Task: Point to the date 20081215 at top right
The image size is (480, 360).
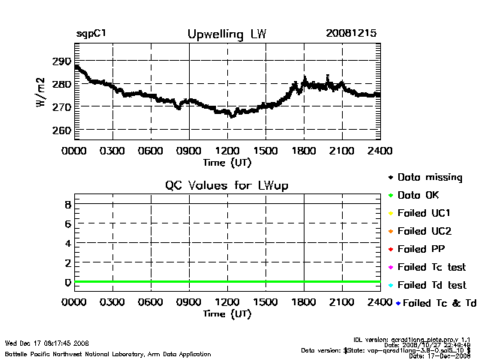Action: pos(351,34)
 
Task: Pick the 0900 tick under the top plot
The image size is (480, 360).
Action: pos(189,150)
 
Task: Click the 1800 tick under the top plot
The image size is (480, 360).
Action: pos(304,150)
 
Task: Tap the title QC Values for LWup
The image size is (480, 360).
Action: pos(226,185)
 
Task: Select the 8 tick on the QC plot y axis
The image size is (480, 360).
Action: pos(67,204)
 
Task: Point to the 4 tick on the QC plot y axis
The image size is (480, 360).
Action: pos(67,243)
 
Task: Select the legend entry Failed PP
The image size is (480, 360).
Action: pos(425,249)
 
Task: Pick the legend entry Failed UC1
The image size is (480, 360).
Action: pos(427,213)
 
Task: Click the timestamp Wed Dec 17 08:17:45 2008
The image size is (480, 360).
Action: pos(46,343)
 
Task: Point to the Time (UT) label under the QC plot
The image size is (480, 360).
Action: pos(226,313)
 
